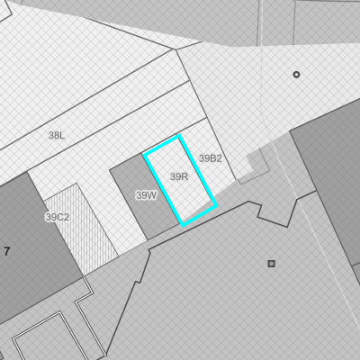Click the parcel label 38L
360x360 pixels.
coord(57,136)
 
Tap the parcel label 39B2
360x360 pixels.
coord(211,158)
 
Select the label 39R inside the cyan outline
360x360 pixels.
coord(179,176)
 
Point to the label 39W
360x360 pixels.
coord(146,195)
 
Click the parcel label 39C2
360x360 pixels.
coord(58,217)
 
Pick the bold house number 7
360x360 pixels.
coord(7,251)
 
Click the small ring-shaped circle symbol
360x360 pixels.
coord(296,75)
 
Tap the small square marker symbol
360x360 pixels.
coord(272,264)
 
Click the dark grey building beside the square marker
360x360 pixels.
coord(330,180)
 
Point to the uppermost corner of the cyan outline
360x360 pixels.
coord(179,136)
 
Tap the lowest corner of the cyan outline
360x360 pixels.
coord(183,225)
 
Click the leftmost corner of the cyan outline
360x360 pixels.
coord(144,155)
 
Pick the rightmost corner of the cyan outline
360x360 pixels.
coord(217,206)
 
